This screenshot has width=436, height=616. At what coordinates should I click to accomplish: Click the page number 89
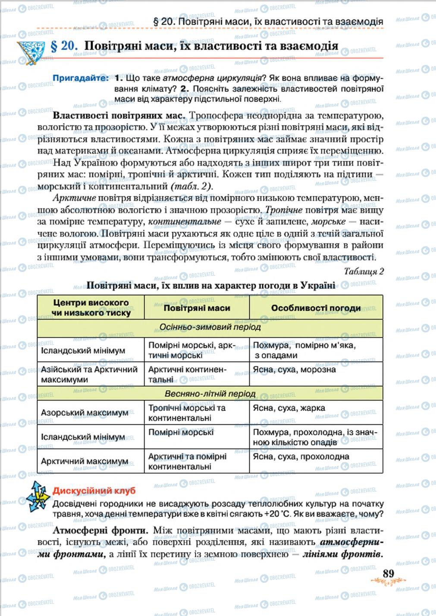(388, 573)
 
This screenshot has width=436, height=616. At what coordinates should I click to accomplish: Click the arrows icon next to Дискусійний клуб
(38, 496)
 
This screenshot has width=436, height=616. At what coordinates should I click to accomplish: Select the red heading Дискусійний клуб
(94, 491)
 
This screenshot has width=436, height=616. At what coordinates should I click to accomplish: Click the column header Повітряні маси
(197, 308)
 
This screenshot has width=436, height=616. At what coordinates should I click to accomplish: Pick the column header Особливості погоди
(316, 308)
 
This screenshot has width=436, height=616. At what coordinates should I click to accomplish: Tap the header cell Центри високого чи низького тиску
(91, 307)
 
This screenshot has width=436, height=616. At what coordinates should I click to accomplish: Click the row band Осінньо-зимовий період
(210, 327)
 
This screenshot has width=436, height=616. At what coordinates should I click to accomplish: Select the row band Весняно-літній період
(210, 394)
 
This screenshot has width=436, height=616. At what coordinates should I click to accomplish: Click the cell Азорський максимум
(85, 412)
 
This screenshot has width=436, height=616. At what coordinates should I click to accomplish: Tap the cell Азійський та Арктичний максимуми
(89, 374)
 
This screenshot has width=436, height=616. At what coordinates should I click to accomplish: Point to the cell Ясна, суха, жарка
(289, 408)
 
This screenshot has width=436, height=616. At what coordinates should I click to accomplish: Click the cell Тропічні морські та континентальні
(187, 413)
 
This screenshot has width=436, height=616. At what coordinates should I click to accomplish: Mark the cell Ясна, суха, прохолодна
(301, 456)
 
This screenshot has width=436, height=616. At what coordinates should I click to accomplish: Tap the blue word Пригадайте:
(81, 78)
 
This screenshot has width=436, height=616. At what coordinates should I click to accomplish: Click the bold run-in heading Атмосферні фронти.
(101, 531)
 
